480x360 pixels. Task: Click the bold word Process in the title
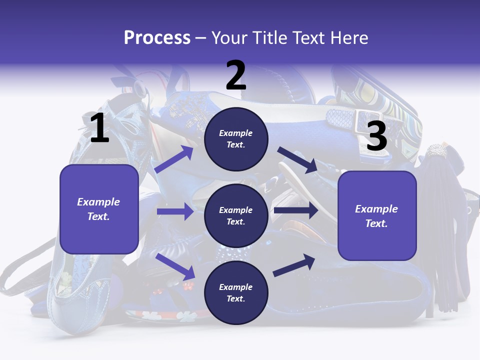tap(157, 38)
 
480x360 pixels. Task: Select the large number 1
tap(99, 128)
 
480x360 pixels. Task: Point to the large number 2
tap(236, 75)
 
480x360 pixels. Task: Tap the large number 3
tap(376, 136)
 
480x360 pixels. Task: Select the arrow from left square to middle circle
tap(175, 211)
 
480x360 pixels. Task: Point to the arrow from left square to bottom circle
tap(175, 266)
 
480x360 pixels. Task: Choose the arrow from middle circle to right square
tap(296, 210)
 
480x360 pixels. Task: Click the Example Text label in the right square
tap(376, 216)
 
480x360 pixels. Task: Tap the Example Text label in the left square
tap(98, 209)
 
